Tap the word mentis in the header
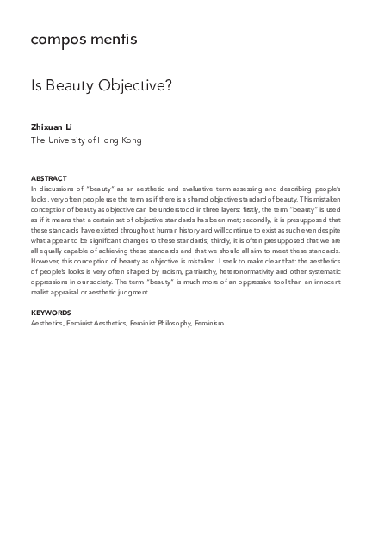click(x=112, y=40)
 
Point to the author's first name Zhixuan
click(x=46, y=127)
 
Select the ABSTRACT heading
click(x=48, y=178)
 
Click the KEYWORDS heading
click(x=51, y=313)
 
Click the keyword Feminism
click(x=209, y=323)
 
